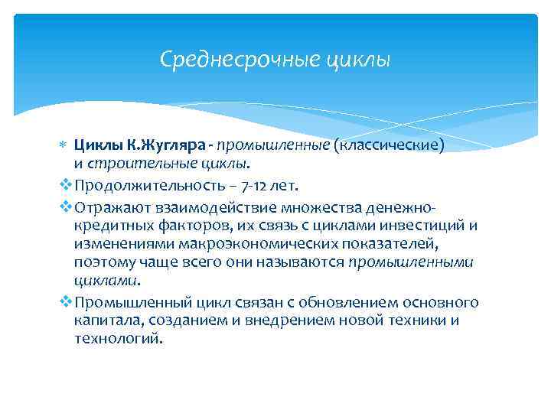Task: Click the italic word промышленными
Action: pyautogui.click(x=411, y=262)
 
